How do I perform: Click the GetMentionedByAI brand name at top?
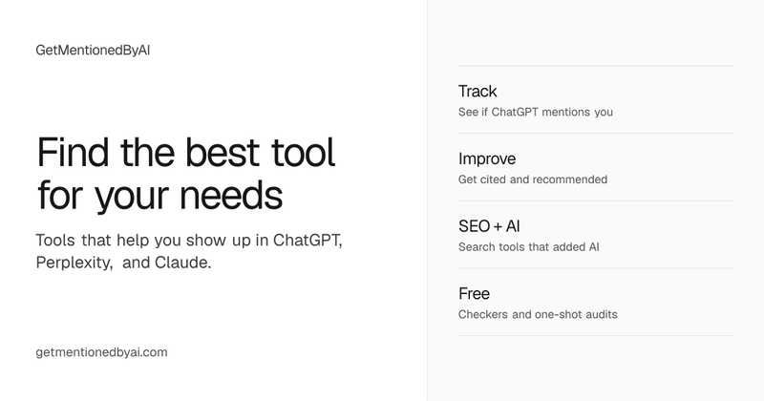93,51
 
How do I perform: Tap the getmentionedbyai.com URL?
101,352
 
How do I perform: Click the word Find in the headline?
73,152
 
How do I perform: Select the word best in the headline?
223,152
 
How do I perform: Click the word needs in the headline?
231,196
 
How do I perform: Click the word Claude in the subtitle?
182,263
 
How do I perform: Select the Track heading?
477,91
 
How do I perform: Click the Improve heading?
487,159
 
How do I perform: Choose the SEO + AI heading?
489,226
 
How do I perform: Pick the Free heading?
474,293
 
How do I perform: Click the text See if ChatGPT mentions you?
536,112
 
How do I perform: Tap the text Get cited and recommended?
533,179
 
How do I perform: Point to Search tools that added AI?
529,247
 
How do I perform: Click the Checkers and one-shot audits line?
538,314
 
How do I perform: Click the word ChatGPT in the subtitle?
308,241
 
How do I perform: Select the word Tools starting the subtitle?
55,241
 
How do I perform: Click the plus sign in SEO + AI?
498,226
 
